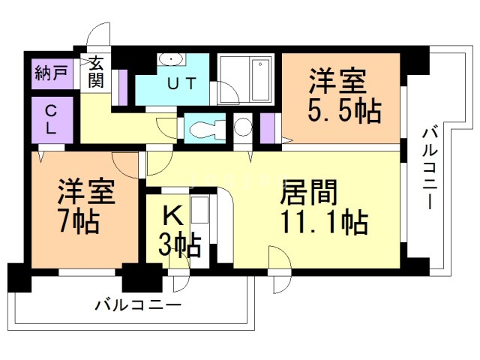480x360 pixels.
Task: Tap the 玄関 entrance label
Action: (x=96, y=71)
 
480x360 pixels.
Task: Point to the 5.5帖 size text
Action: (x=345, y=110)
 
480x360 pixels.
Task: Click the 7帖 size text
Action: (x=80, y=222)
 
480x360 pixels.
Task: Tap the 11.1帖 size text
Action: (x=324, y=223)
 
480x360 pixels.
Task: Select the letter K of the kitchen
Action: (x=173, y=216)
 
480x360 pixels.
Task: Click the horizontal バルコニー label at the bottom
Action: (x=138, y=305)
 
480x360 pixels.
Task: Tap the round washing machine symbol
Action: (x=243, y=127)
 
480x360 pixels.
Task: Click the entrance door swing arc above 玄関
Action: (x=98, y=36)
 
